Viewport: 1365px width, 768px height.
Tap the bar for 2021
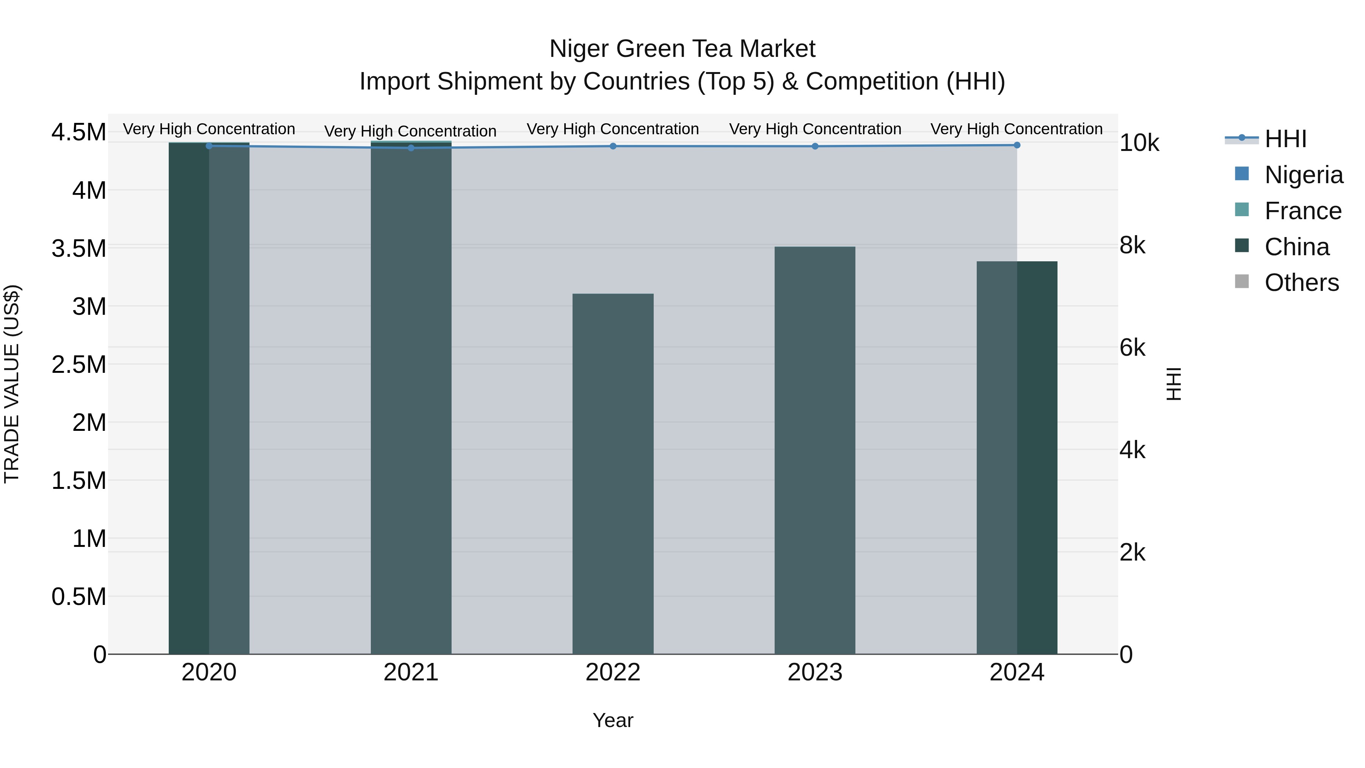coord(411,397)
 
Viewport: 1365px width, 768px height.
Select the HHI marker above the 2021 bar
coord(411,148)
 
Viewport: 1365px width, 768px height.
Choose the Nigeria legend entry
coord(1303,175)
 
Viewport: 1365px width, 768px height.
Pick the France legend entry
coord(1302,211)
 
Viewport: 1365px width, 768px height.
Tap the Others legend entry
coord(1301,283)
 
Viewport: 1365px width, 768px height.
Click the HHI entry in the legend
coord(1285,139)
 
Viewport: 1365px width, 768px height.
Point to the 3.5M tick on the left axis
coord(78,248)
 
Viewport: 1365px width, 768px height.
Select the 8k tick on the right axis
coord(1132,245)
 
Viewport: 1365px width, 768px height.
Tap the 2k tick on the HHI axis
coord(1132,552)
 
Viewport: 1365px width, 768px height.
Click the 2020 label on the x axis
coord(209,672)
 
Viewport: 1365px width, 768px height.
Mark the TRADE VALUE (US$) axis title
coord(12,384)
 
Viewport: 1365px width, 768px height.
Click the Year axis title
coord(613,720)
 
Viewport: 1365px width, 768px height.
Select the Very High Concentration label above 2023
coord(814,129)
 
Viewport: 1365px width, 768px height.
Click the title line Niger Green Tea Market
coord(682,49)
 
